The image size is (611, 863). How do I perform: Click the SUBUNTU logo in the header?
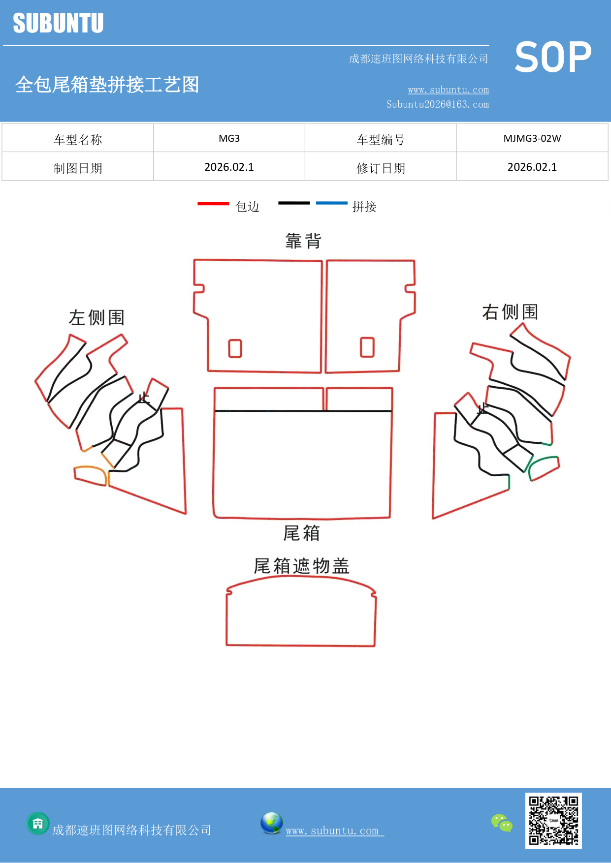(58, 23)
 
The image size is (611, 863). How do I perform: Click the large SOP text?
(553, 57)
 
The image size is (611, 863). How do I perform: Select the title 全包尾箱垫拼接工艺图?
(107, 85)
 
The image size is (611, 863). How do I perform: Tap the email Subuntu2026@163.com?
(437, 104)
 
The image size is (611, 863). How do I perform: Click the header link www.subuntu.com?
(448, 90)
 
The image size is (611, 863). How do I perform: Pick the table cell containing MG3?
(229, 138)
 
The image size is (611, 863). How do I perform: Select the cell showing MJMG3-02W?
(532, 138)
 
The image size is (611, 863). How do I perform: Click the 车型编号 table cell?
(381, 140)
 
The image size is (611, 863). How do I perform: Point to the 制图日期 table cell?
(78, 168)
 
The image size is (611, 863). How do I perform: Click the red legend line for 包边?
(213, 203)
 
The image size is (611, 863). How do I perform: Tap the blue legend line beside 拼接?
(331, 203)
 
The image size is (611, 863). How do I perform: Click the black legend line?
(294, 203)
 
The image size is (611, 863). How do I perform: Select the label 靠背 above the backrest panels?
(303, 241)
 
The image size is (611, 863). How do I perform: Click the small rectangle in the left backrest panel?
(235, 348)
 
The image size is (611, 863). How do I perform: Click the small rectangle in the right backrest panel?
(367, 347)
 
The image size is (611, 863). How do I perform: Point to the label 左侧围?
(96, 317)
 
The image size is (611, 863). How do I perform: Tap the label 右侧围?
(510, 311)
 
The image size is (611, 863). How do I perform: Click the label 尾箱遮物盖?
(301, 566)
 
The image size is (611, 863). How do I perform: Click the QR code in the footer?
(553, 820)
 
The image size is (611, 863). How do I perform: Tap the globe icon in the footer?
(271, 823)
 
